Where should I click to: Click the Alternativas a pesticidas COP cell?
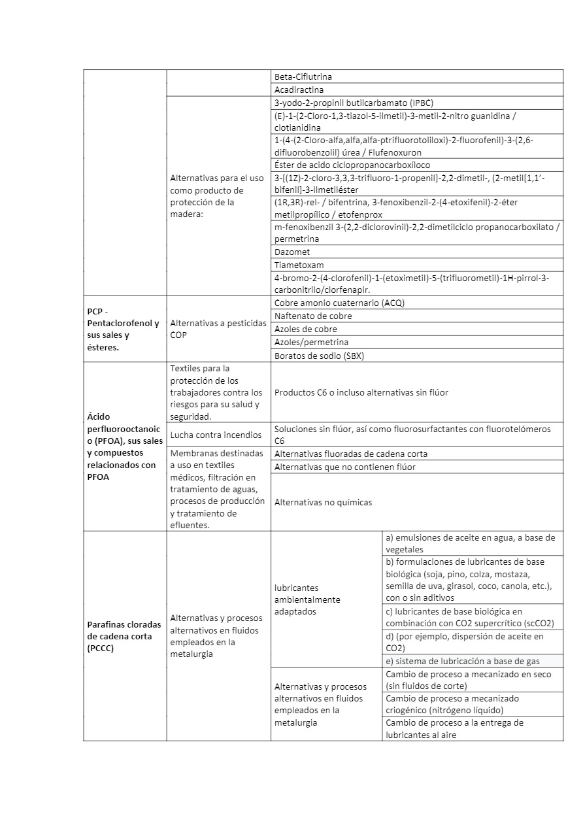(x=218, y=329)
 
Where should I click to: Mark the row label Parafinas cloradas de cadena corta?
(x=124, y=636)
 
